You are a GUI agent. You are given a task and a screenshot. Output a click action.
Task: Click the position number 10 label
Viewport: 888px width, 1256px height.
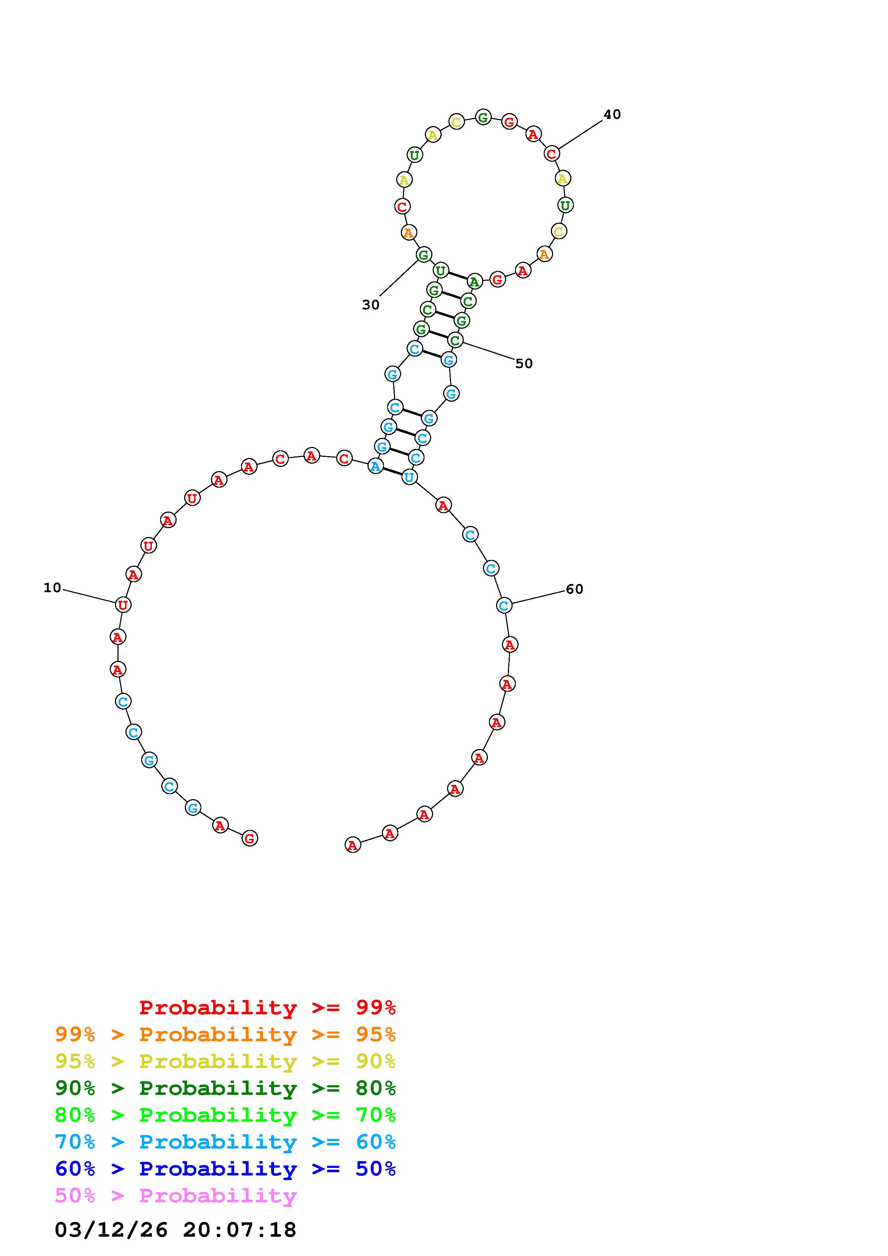click(x=53, y=588)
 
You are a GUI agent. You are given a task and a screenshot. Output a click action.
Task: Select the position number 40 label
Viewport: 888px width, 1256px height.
click(x=612, y=114)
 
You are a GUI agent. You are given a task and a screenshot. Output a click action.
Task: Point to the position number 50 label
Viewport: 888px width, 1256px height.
click(x=524, y=363)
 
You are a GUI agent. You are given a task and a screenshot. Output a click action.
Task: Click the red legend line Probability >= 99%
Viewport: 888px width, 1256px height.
click(x=268, y=1007)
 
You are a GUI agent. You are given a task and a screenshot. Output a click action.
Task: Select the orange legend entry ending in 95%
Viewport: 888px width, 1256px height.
click(x=225, y=1034)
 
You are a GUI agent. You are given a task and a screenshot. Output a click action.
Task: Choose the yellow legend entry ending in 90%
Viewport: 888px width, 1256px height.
click(x=225, y=1061)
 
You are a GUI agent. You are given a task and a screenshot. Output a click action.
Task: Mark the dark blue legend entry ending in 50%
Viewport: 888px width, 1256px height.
click(x=225, y=1169)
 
